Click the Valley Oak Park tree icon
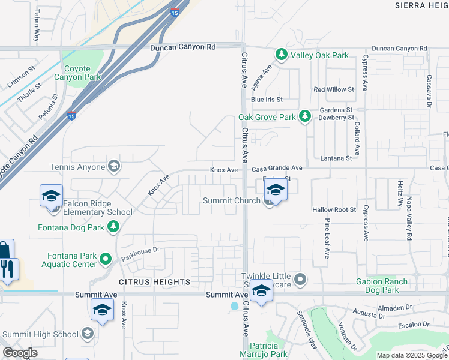pyautogui.click(x=281, y=55)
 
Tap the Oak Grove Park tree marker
pyautogui.click(x=305, y=117)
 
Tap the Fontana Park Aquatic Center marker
pyautogui.click(x=106, y=259)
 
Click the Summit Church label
pyautogui.click(x=231, y=201)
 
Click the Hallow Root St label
pyautogui.click(x=334, y=210)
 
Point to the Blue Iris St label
pyautogui.click(x=267, y=100)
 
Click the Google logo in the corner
pyautogui.click(x=20, y=353)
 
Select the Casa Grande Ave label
pyautogui.click(x=276, y=169)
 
